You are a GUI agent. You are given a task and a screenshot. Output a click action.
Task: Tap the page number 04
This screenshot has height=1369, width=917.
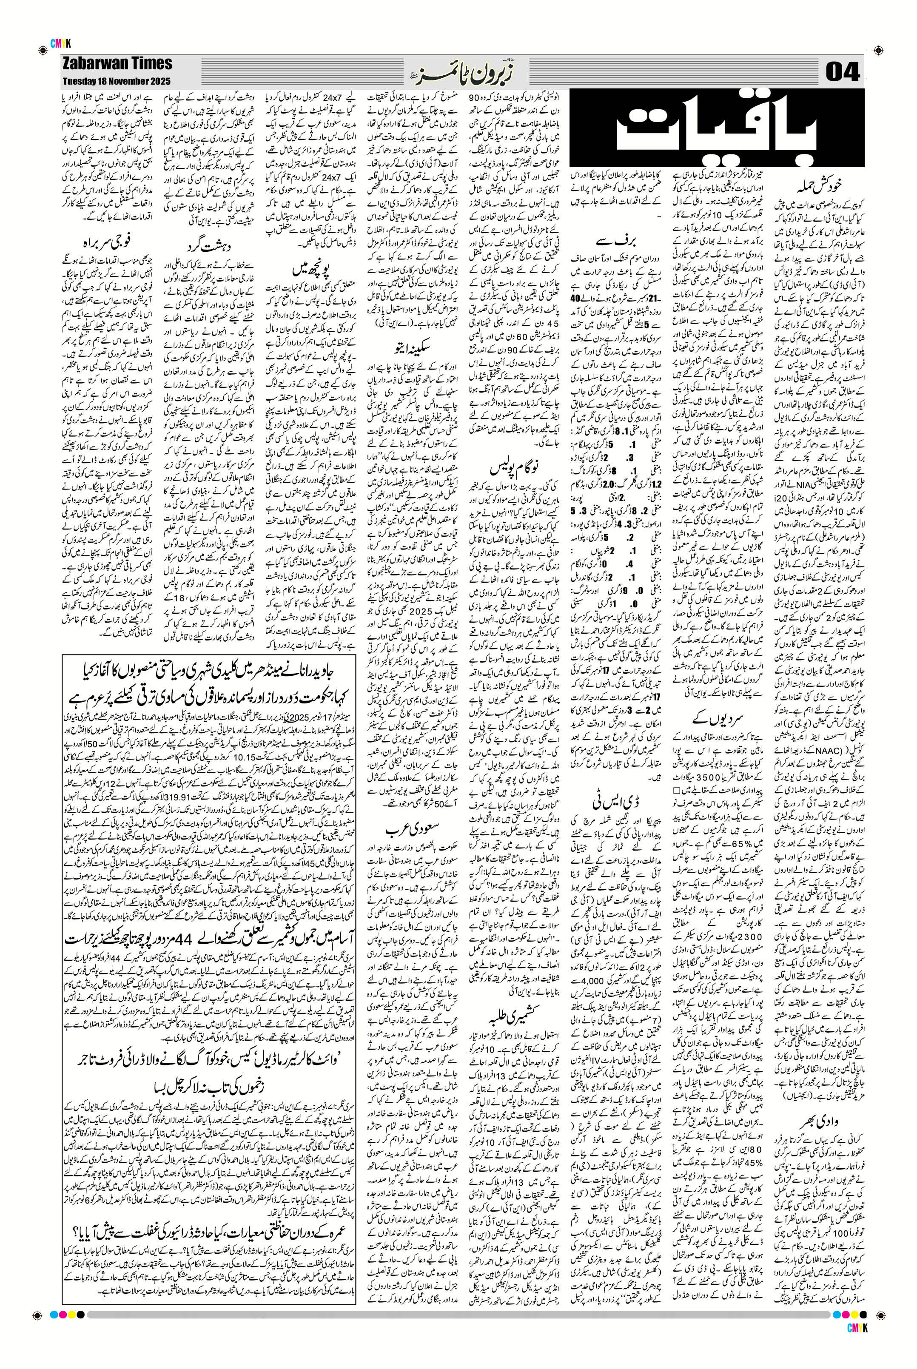coord(843,73)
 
